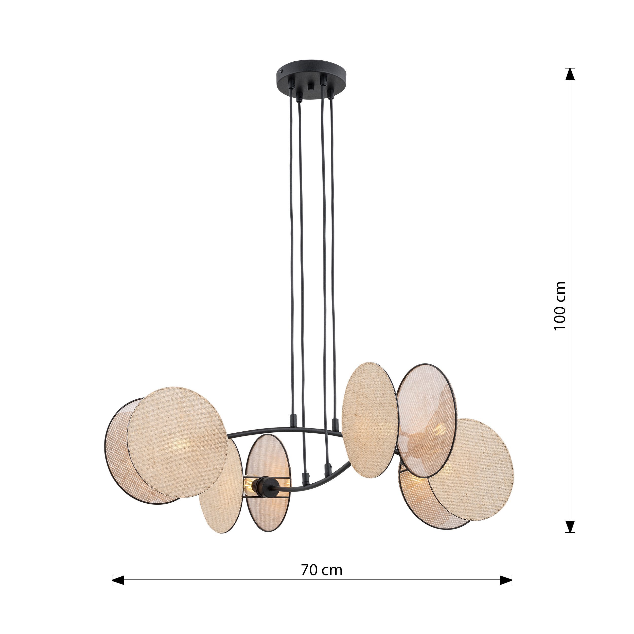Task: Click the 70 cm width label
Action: (x=322, y=571)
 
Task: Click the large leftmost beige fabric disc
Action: (x=177, y=441)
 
